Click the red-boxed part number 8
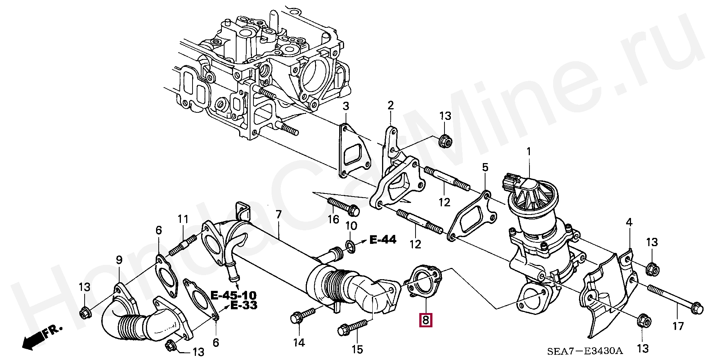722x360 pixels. (426, 320)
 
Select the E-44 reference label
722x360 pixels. (383, 239)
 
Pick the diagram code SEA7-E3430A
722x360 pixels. (585, 351)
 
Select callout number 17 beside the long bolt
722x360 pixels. (678, 326)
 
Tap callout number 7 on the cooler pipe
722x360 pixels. (278, 215)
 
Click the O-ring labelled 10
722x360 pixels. (350, 247)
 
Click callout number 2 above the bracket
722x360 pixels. (391, 105)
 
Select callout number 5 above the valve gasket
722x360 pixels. (485, 167)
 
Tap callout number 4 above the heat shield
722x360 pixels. (629, 222)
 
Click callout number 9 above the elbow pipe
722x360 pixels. (119, 259)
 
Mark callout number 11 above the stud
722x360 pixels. (183, 219)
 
